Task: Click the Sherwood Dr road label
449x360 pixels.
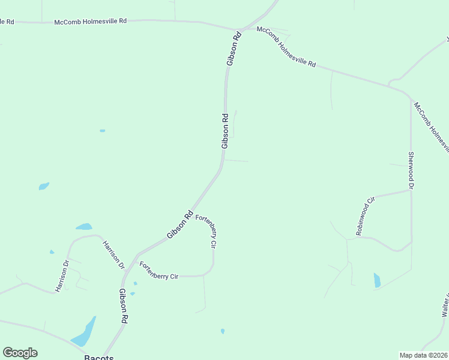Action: pyautogui.click(x=411, y=171)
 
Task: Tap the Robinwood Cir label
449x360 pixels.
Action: pyautogui.click(x=366, y=215)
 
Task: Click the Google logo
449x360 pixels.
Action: pyautogui.click(x=20, y=353)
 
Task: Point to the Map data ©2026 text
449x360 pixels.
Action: pyautogui.click(x=423, y=355)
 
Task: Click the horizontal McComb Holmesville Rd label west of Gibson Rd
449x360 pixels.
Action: pyautogui.click(x=91, y=20)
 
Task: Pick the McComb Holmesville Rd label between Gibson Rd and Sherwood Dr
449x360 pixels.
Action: pyautogui.click(x=286, y=47)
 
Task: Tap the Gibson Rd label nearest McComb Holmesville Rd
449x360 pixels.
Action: pyautogui.click(x=234, y=48)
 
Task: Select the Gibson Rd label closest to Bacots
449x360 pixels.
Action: pyautogui.click(x=123, y=306)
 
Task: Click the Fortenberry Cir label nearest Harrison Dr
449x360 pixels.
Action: pyautogui.click(x=159, y=271)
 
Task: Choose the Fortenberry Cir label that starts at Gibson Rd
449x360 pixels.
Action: pyautogui.click(x=206, y=231)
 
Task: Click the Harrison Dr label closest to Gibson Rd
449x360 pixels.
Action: pyautogui.click(x=113, y=254)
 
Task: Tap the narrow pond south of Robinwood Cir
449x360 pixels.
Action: pyautogui.click(x=377, y=280)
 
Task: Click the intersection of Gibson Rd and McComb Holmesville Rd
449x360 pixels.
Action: pyautogui.click(x=240, y=29)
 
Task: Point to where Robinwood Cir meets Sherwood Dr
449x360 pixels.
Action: pyautogui.click(x=411, y=191)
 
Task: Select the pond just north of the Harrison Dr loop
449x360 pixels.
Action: pyautogui.click(x=83, y=227)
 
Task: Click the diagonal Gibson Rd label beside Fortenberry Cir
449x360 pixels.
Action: pyautogui.click(x=179, y=224)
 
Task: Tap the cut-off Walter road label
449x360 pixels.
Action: pyautogui.click(x=445, y=305)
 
